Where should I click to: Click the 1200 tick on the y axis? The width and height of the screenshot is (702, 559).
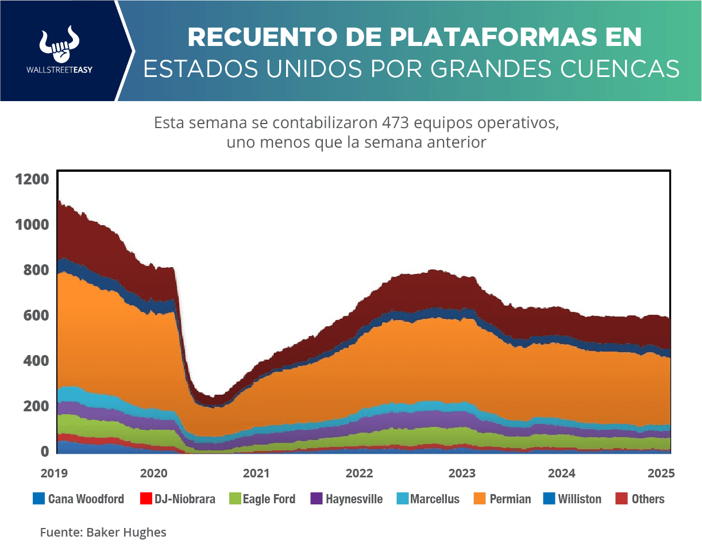33,179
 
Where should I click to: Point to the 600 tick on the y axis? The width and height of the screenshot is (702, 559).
36,315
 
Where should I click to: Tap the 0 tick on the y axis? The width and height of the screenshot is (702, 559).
44,452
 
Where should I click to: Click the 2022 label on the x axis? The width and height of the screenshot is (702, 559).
360,474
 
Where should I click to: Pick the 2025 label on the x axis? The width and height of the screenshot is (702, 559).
661,474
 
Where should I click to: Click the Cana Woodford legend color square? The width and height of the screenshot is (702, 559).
38,499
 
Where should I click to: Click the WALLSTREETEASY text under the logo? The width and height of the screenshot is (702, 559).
59,69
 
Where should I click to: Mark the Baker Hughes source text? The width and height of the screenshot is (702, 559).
126,533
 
